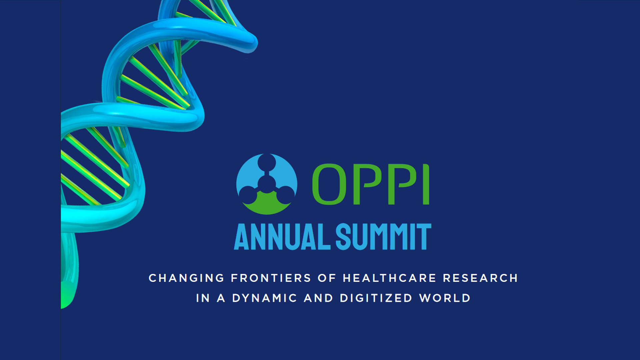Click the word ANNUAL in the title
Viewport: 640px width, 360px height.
pyautogui.click(x=282, y=237)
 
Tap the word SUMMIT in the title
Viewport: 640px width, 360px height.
pyautogui.click(x=383, y=237)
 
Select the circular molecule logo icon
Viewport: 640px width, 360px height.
pyautogui.click(x=267, y=184)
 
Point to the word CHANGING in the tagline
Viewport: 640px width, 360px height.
pyautogui.click(x=187, y=278)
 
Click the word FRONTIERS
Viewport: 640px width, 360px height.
pyautogui.click(x=271, y=278)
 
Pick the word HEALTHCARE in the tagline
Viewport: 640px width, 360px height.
pyautogui.click(x=390, y=278)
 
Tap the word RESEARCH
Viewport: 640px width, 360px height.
pyautogui.click(x=480, y=278)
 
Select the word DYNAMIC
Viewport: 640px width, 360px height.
pyautogui.click(x=264, y=298)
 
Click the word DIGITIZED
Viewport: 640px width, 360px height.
pyautogui.click(x=376, y=298)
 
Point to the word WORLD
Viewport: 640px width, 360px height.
pyautogui.click(x=445, y=298)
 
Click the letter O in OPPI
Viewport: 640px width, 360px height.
pyautogui.click(x=329, y=184)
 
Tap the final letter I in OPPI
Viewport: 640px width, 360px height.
pyautogui.click(x=426, y=184)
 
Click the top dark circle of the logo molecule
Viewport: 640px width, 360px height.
pyautogui.click(x=267, y=162)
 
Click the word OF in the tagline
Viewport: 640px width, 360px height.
pyautogui.click(x=327, y=278)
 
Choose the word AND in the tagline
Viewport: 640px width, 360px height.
pyautogui.click(x=318, y=298)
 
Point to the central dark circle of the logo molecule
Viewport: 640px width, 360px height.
pyautogui.click(x=267, y=184)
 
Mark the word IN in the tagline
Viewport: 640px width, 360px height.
pyautogui.click(x=203, y=298)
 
